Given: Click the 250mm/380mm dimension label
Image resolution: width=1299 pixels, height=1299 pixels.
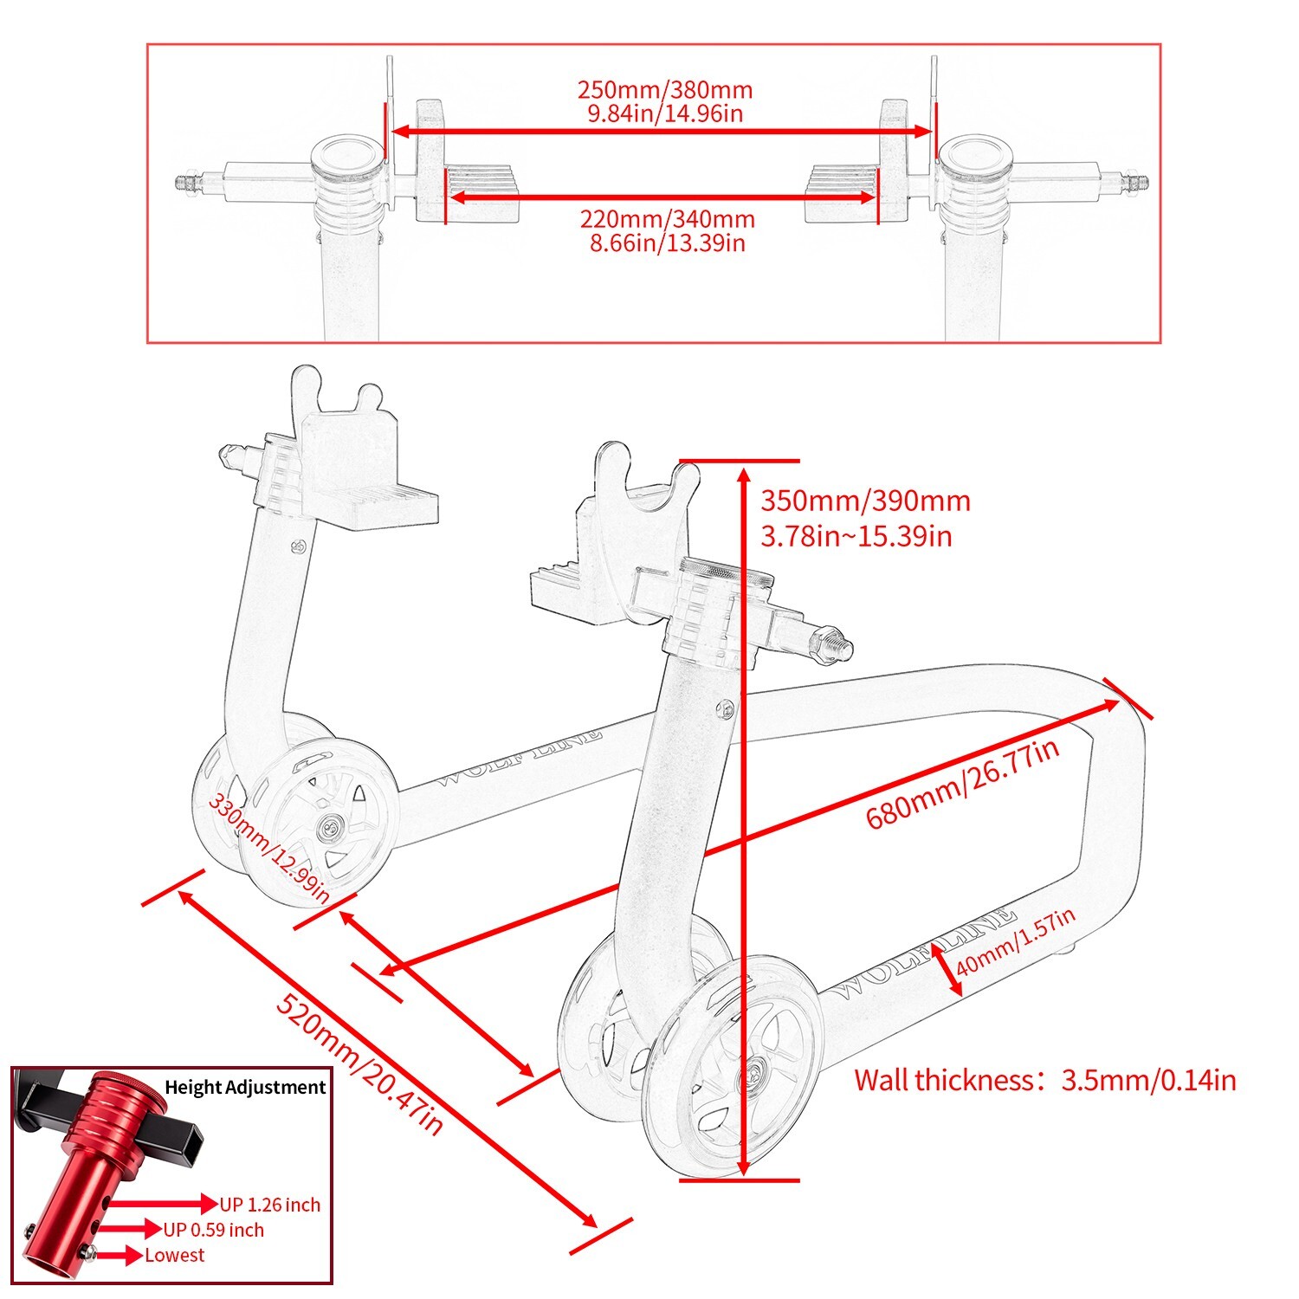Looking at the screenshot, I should [x=664, y=90].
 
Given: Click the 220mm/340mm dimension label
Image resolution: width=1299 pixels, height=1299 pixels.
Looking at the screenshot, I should [x=667, y=219].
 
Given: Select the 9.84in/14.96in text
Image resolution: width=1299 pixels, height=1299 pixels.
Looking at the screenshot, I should [x=664, y=113].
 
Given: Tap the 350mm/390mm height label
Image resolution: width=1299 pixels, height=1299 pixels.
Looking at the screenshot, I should [x=865, y=501].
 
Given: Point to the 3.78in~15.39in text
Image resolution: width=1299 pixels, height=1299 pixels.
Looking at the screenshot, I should [x=856, y=536].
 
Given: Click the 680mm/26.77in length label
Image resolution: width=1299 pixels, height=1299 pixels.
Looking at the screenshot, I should [x=962, y=784].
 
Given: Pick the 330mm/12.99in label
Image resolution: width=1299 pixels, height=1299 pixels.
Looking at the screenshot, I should [x=268, y=848].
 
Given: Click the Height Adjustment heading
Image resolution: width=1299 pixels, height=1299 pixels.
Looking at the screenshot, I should [x=245, y=1087].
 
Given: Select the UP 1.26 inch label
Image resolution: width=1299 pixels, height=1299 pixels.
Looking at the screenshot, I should [x=269, y=1205].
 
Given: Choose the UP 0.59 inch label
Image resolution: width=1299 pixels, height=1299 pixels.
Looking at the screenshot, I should [x=214, y=1230].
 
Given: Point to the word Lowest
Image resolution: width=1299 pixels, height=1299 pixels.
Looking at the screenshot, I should [x=174, y=1255].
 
